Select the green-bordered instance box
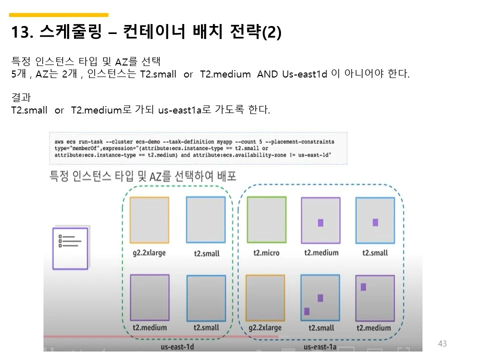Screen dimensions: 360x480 pyautogui.click(x=266, y=219)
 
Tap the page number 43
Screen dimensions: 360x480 pyautogui.click(x=442, y=343)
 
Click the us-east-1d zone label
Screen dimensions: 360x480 pyautogui.click(x=177, y=346)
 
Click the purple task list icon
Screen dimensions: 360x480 pyautogui.click(x=69, y=248)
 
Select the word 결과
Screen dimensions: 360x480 pyautogui.click(x=21, y=97)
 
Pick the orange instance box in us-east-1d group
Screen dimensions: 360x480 pyautogui.click(x=149, y=219)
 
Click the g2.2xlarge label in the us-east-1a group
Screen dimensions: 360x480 pyautogui.click(x=265, y=328)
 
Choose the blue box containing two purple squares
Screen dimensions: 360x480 pyautogui.click(x=320, y=297)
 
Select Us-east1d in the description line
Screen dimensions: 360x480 pyautogui.click(x=304, y=74)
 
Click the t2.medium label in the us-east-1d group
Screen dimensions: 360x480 pyautogui.click(x=149, y=328)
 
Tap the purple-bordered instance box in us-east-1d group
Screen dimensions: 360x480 pyautogui.click(x=149, y=297)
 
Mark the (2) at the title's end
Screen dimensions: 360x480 pyautogui.click(x=272, y=33)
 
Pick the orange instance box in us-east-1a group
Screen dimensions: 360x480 pyautogui.click(x=265, y=297)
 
